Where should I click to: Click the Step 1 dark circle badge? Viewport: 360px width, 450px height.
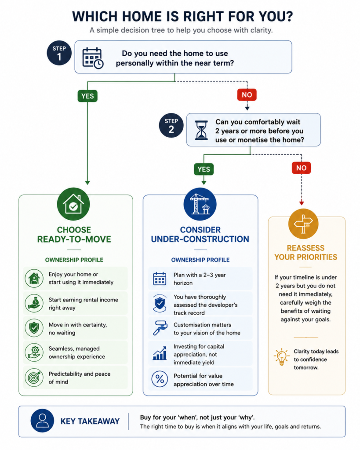[x=59, y=53]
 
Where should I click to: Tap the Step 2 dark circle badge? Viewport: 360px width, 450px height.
[x=171, y=125]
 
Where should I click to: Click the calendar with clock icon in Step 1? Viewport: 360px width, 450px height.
[x=93, y=58]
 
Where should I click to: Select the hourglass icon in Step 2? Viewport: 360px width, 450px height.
[x=201, y=130]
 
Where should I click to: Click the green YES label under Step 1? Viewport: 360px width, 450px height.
[x=87, y=96]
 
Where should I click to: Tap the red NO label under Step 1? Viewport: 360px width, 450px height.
[x=247, y=95]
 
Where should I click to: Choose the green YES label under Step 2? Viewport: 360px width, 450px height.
[x=204, y=169]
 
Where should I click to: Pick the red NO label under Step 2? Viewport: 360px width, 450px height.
[x=302, y=168]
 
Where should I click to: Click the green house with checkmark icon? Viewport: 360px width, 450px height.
[x=73, y=204]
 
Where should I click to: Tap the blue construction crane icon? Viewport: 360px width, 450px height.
[x=200, y=204]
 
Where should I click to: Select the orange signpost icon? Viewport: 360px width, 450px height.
[x=303, y=224]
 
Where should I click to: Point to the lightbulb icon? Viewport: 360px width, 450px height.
[x=282, y=357]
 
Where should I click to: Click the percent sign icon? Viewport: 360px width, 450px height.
[x=160, y=379]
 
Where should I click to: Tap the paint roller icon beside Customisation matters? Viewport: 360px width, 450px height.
[x=160, y=328]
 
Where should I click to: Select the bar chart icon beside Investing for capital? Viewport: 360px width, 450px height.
[x=160, y=353]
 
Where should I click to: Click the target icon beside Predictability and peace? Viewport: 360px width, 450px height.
[x=34, y=377]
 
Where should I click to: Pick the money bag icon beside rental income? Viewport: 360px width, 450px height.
[x=34, y=303]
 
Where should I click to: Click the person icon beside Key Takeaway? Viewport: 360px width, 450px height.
[x=42, y=421]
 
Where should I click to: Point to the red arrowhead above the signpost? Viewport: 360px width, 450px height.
[x=302, y=203]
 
